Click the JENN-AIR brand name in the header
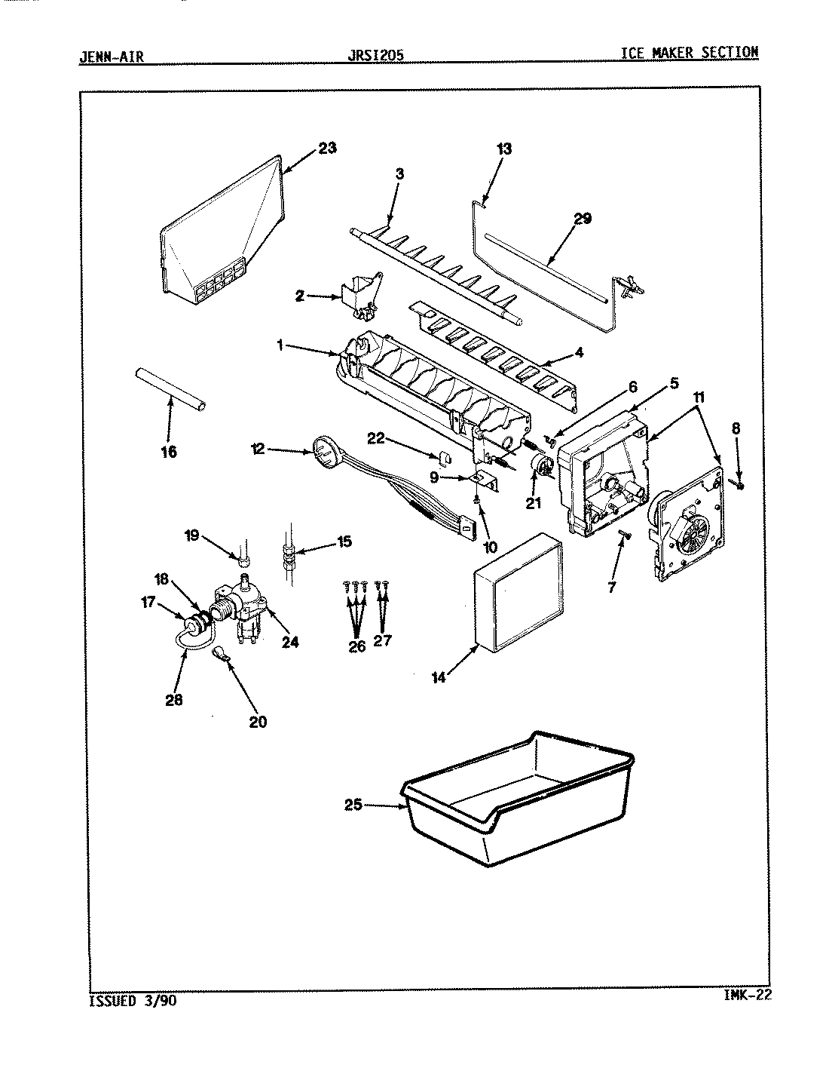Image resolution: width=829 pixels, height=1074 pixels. pyautogui.click(x=111, y=56)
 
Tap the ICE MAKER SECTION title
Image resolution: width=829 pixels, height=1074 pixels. pyautogui.click(x=689, y=52)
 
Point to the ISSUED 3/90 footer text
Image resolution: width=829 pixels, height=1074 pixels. pyautogui.click(x=134, y=1002)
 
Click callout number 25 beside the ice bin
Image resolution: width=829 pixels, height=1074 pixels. pyautogui.click(x=353, y=805)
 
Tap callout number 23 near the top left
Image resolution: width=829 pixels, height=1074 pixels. pyautogui.click(x=326, y=148)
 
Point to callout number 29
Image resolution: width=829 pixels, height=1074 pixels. pyautogui.click(x=582, y=219)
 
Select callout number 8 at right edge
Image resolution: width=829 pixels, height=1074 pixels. pyautogui.click(x=736, y=428)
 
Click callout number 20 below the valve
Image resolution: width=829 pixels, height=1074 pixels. pyautogui.click(x=257, y=721)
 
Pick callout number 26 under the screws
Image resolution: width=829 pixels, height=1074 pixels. pyautogui.click(x=356, y=646)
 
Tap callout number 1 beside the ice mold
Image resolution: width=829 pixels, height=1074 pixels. pyautogui.click(x=280, y=345)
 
